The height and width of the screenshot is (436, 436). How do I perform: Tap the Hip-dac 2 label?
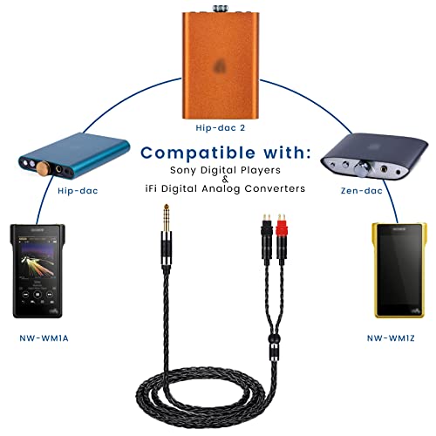221,128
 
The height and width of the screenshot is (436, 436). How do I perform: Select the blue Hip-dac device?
74,155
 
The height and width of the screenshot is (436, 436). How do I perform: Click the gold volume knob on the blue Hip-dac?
42,168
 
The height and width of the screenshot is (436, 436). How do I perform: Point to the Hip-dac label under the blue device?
78,191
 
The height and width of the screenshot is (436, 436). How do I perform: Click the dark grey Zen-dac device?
374,156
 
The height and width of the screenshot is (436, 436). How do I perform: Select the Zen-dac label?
361,191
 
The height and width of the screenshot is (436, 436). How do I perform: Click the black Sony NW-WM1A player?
37,271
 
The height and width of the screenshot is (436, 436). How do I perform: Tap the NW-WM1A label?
44,338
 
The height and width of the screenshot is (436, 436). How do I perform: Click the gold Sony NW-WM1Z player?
399,270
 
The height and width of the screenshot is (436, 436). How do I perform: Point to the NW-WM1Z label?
391,338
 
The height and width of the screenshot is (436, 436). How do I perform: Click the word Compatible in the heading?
198,153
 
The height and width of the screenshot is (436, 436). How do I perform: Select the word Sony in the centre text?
182,170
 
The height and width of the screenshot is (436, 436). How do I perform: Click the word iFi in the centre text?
151,188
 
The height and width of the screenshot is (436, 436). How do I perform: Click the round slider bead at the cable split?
274,338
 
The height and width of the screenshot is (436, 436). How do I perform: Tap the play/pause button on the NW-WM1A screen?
37,295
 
